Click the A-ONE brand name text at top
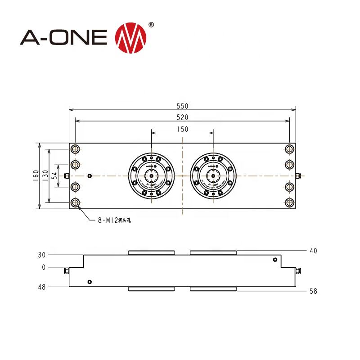click(x=63, y=37)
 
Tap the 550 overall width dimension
click(x=182, y=106)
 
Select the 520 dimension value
click(x=182, y=117)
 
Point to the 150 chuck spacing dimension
click(x=182, y=129)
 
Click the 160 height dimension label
click(x=36, y=175)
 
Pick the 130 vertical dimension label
click(x=45, y=175)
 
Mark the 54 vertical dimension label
click(x=55, y=175)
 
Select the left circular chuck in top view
click(x=151, y=175)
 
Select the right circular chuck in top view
click(x=213, y=175)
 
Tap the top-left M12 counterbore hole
click(x=75, y=149)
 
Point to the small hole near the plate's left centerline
click(x=90, y=175)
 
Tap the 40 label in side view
click(x=313, y=251)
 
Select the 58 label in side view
click(x=313, y=291)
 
